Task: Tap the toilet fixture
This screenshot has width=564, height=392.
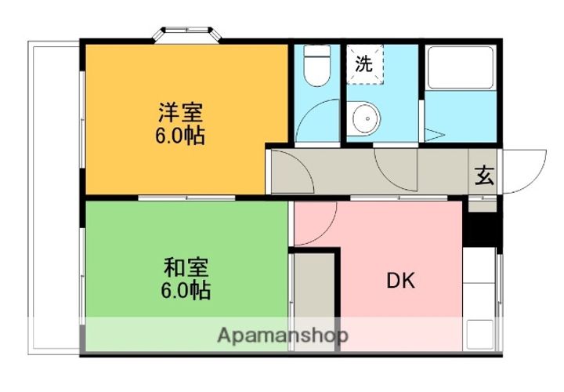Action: [x=317, y=67]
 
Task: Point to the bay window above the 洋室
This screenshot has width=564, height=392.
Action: [x=188, y=35]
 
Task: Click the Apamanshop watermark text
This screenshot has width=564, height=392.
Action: [x=282, y=336]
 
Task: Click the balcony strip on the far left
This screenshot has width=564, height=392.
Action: [x=55, y=196]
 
